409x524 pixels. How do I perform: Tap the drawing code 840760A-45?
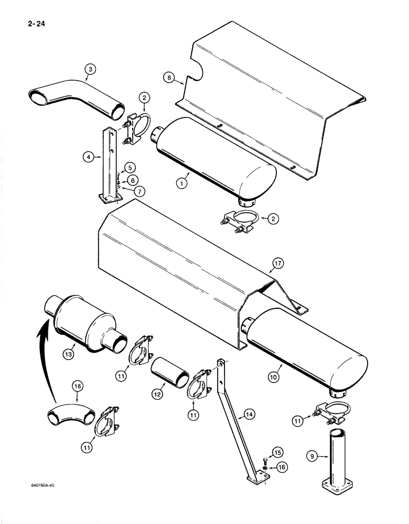click(40, 486)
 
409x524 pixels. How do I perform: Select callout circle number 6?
click(133, 179)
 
